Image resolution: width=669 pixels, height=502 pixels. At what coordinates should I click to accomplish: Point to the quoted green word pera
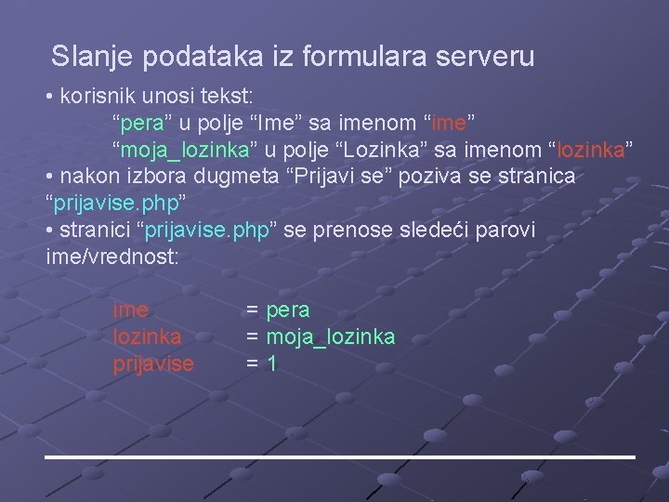[140, 123]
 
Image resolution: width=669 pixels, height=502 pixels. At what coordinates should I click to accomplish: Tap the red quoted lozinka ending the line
[592, 149]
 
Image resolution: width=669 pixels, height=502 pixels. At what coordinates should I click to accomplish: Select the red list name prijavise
[153, 363]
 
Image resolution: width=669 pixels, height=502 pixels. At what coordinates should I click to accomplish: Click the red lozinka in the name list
[147, 337]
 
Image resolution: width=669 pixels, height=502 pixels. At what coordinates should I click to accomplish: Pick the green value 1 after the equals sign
[271, 363]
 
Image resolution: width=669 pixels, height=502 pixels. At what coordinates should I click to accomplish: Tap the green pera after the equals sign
[288, 310]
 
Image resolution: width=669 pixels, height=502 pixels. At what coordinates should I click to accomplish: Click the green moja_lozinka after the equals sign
[331, 337]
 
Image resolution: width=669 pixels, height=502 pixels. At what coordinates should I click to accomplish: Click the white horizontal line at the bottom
[340, 457]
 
